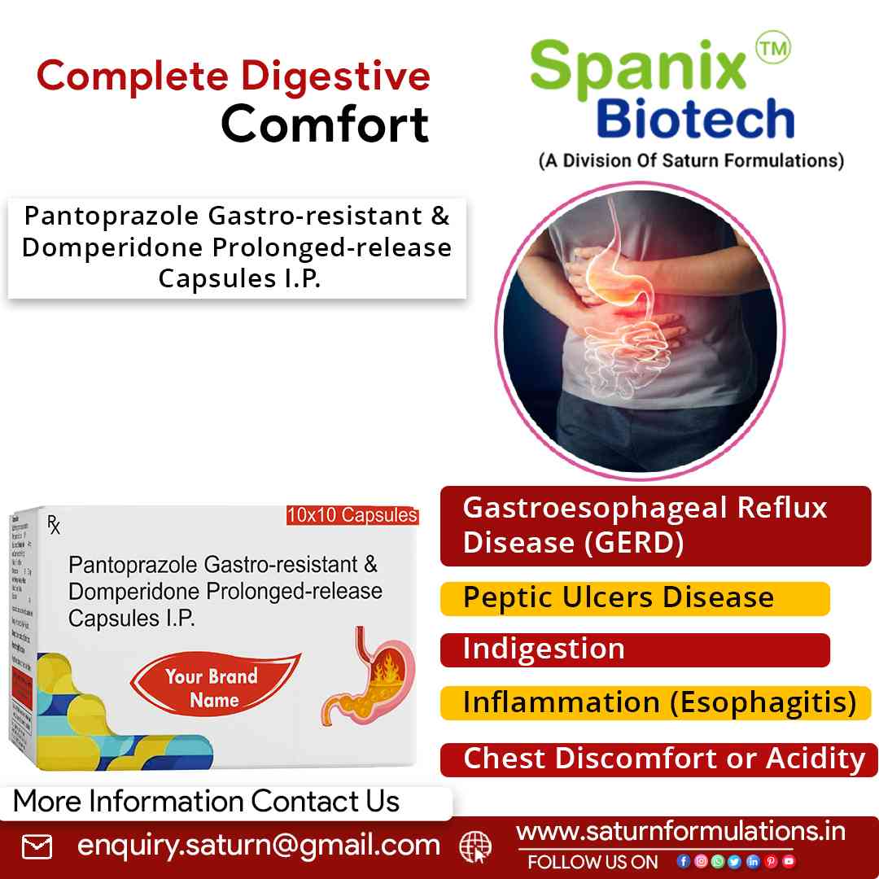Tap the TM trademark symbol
pyautogui.click(x=772, y=50)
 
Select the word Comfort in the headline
pyautogui.click(x=325, y=125)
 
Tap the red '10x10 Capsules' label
pyautogui.click(x=352, y=515)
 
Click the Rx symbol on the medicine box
pyautogui.click(x=54, y=525)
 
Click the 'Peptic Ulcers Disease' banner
pyautogui.click(x=635, y=598)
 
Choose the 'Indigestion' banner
pyautogui.click(x=635, y=649)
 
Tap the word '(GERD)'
pyautogui.click(x=634, y=543)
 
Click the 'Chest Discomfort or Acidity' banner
pyautogui.click(x=659, y=759)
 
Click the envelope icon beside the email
pyautogui.click(x=37, y=847)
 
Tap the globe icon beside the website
pyautogui.click(x=475, y=847)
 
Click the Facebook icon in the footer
pyautogui.click(x=683, y=861)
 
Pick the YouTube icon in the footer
pyautogui.click(x=789, y=861)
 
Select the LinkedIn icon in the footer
pyautogui.click(x=753, y=861)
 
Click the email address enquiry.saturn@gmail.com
pyautogui.click(x=259, y=846)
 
